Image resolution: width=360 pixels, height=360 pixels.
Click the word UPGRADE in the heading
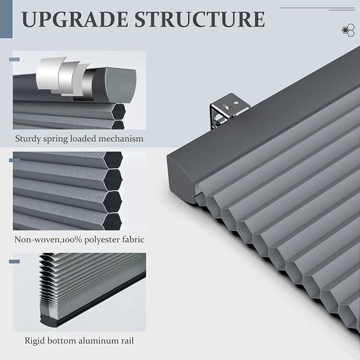point(75,20)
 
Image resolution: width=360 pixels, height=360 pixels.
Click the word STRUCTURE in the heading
point(200,19)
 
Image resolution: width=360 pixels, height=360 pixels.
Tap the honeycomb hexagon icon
point(348,30)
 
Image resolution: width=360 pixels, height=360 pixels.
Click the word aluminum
point(98,340)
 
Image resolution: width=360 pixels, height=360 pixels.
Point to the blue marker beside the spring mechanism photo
point(14,59)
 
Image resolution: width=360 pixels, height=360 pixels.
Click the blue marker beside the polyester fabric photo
point(14,160)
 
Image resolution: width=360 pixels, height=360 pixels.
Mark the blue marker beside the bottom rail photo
point(14,261)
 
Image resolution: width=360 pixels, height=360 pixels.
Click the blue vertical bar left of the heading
point(6,19)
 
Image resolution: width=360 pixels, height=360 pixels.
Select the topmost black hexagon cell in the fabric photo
point(113,159)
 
